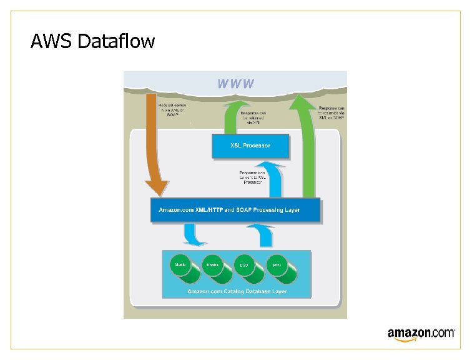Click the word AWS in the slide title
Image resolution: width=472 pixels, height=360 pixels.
[x=51, y=42]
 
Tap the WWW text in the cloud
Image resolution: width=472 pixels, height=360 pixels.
[x=235, y=83]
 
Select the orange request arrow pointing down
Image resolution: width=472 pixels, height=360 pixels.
[x=154, y=144]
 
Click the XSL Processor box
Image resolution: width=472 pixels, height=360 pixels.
[x=250, y=146]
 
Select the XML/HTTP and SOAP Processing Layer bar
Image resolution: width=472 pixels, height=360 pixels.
[x=235, y=210]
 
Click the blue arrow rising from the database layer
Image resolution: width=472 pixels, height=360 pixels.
[x=262, y=236]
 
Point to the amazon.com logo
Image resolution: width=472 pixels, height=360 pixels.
[x=421, y=334]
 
